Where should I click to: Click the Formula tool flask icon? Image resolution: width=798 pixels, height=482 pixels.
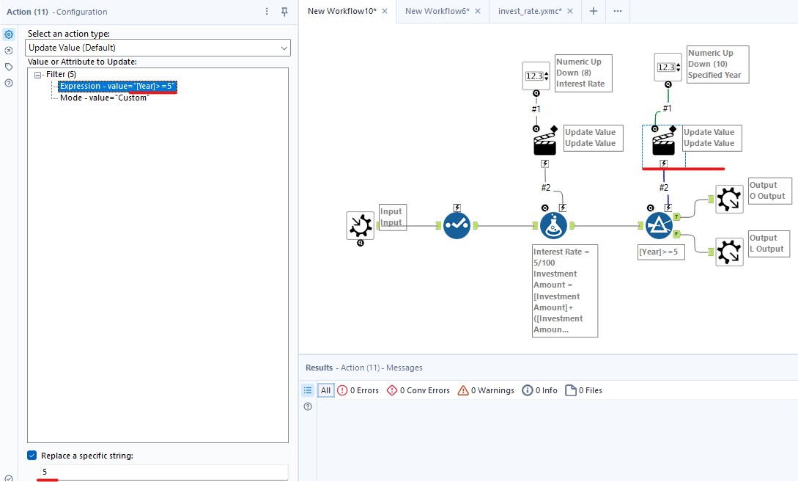click(x=554, y=225)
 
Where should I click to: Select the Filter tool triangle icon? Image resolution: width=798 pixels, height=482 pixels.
click(x=660, y=225)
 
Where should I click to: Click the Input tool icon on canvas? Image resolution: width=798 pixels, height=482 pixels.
click(x=361, y=225)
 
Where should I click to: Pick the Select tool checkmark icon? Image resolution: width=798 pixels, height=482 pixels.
click(x=457, y=225)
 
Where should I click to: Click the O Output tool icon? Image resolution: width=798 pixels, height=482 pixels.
click(x=729, y=200)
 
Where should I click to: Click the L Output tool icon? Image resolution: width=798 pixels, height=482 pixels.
click(x=729, y=252)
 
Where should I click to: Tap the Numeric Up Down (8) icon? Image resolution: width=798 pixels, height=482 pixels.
click(x=536, y=76)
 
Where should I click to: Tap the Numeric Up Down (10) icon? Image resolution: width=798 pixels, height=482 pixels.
click(x=668, y=67)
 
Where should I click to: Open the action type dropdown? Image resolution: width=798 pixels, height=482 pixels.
click(x=158, y=48)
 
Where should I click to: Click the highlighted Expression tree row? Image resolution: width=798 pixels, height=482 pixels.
click(x=117, y=86)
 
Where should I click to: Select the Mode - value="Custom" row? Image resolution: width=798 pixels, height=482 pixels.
click(x=104, y=98)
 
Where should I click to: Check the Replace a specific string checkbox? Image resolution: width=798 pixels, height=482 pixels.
click(x=32, y=456)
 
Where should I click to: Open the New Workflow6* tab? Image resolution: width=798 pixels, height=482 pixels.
click(x=437, y=11)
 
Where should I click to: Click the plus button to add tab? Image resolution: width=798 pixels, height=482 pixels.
click(x=594, y=11)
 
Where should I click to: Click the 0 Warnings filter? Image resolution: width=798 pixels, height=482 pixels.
click(x=486, y=390)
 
